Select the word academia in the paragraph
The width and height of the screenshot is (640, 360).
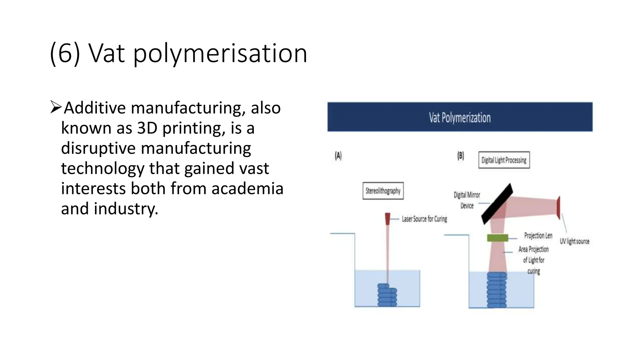pos(247,188)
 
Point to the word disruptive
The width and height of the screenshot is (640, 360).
pos(98,148)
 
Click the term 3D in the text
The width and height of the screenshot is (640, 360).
pos(147,128)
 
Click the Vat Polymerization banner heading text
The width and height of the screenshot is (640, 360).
pos(459,118)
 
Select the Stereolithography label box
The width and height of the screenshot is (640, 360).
pos(383,191)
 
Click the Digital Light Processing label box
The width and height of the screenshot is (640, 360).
pos(504,160)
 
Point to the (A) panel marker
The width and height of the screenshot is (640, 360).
pos(338,156)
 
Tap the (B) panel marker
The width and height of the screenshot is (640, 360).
pos(461,156)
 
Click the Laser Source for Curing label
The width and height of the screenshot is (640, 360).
pos(424,219)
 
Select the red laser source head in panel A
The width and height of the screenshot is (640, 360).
pos(387,218)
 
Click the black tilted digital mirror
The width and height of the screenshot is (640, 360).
pos(497,204)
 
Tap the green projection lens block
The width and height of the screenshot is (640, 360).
pos(497,238)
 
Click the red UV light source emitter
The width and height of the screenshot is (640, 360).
pos(558,207)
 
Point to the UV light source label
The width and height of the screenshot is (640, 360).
pos(574,242)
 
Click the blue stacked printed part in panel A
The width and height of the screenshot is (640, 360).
pos(387,295)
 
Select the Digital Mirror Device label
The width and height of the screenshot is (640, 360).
pos(467,200)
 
